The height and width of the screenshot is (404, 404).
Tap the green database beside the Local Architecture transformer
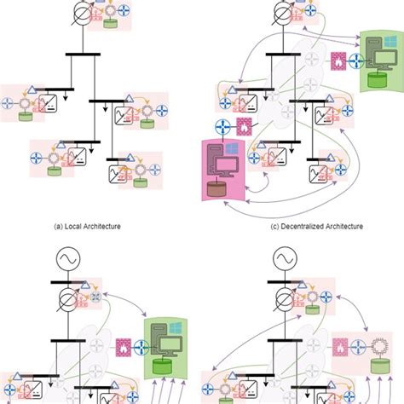tap(111, 22)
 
